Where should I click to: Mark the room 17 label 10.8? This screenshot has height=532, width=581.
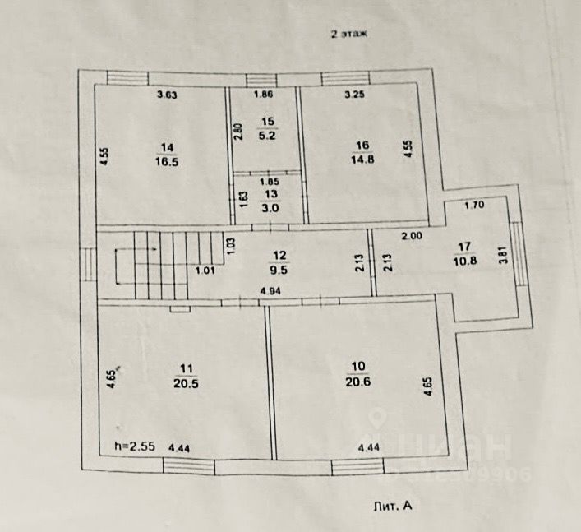(x=464, y=252)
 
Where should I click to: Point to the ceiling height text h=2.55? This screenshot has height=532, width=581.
(x=135, y=448)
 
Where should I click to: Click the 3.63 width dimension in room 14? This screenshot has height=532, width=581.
(x=168, y=95)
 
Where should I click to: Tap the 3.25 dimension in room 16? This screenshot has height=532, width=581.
(x=355, y=95)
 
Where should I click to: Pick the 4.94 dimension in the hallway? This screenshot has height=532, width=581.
(x=271, y=291)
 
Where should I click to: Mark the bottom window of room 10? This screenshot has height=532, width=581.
(x=357, y=467)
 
